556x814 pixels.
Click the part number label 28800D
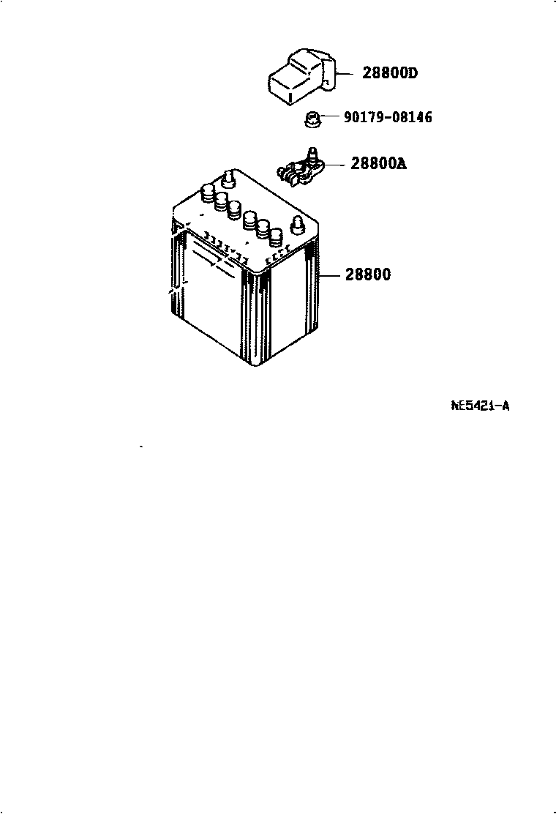pos(390,73)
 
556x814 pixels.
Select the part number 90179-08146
pos(387,117)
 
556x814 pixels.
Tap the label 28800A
pos(377,164)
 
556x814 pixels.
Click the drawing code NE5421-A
pos(480,405)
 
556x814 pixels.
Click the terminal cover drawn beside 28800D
pos(300,75)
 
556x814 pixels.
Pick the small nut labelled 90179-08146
pos(312,119)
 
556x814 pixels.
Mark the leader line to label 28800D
pos(346,73)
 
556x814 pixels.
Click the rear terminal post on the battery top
pos(229,178)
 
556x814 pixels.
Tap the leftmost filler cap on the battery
pos(207,195)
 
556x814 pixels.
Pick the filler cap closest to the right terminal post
pos(275,236)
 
